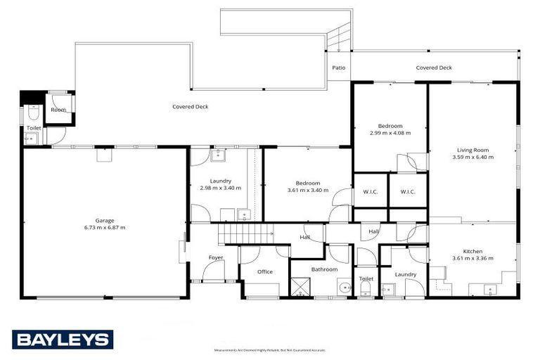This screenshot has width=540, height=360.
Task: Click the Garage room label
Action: [104, 220]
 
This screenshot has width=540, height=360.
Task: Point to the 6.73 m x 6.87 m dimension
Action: [104, 228]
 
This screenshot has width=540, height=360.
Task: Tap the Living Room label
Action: [472, 150]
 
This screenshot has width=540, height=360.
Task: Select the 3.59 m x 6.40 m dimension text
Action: [472, 157]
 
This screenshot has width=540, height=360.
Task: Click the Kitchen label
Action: [472, 251]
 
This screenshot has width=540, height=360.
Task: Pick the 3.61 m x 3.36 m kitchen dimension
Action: [472, 259]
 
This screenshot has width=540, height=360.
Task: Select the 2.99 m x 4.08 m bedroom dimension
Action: [390, 132]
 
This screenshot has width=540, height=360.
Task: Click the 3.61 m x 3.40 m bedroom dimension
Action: [308, 190]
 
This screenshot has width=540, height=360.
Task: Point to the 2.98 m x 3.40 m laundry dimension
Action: [220, 188]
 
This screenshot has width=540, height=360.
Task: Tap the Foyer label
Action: [216, 258]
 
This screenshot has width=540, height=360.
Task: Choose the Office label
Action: [264, 271]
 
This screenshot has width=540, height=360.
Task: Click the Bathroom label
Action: [324, 269]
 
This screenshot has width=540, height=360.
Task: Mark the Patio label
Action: [338, 68]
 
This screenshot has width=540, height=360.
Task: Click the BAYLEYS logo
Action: [62, 340]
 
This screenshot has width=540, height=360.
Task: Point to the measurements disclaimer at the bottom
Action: [269, 350]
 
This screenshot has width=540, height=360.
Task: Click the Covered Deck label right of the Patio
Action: [434, 68]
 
